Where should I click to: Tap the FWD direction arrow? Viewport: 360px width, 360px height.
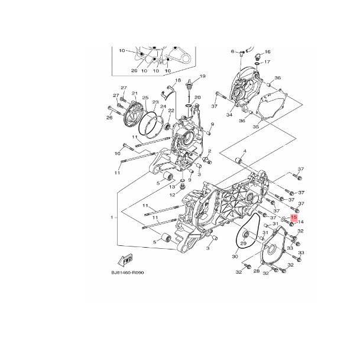(125, 261)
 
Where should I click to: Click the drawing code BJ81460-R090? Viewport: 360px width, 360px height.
(128, 273)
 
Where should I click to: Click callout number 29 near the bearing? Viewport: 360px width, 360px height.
(243, 244)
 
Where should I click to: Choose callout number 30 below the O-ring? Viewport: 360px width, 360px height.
(235, 256)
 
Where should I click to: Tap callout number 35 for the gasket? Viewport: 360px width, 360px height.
(255, 127)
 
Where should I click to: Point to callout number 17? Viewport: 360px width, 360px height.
(267, 61)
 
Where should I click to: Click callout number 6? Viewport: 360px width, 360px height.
(232, 51)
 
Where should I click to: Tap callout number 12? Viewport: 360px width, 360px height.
(172, 194)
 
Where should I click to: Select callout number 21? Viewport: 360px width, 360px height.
(134, 93)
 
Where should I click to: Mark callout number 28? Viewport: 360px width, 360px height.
(256, 271)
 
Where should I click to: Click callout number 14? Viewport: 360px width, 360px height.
(301, 222)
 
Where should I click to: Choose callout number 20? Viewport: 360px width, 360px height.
(197, 97)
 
